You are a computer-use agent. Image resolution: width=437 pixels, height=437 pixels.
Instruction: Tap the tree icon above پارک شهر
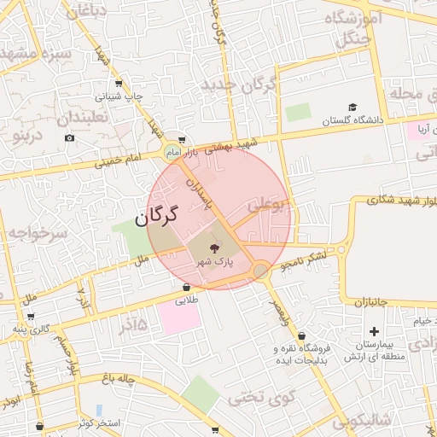coord(213,248)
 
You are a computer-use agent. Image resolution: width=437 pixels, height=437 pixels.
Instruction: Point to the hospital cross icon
coord(374,331)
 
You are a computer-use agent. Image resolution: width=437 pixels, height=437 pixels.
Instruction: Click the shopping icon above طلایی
coord(186,287)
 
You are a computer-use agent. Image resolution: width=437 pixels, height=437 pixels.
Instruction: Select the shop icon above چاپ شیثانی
coord(118,84)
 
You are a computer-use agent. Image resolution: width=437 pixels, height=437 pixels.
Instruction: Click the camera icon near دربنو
coord(69,137)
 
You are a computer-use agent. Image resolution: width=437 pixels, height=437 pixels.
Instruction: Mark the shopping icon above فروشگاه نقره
coord(302,335)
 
